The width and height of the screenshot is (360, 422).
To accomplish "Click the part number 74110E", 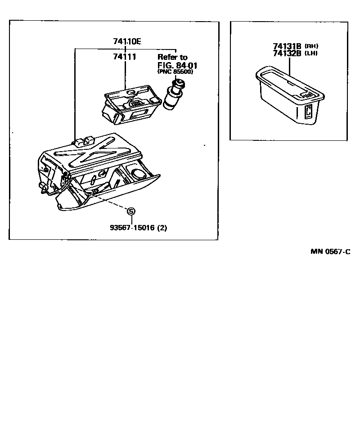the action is point(127,42).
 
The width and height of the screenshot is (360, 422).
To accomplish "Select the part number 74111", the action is point(125,57).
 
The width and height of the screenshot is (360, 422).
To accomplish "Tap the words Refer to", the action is point(172,57).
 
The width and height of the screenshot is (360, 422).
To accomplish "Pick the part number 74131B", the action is point(287,46).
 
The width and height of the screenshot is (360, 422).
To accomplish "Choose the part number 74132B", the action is point(287,53).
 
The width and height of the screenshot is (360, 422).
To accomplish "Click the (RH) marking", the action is point(311,46).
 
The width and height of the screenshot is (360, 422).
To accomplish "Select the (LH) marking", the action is point(311,53).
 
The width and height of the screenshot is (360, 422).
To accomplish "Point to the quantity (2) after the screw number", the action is point(162,228).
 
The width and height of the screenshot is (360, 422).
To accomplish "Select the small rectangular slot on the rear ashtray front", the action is point(309,111).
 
